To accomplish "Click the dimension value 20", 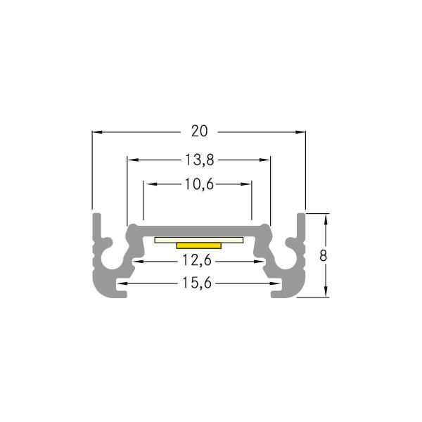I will tap(199, 131).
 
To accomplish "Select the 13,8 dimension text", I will tap(200, 160).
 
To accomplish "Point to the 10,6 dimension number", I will tap(199, 184).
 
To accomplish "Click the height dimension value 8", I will tap(323, 255).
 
